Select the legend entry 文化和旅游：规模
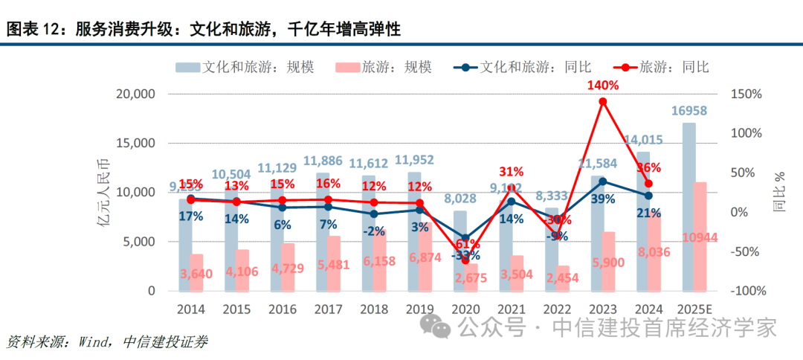tap(245, 67)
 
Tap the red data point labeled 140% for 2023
tap(602, 101)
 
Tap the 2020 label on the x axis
tap(465, 309)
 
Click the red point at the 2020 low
tap(465, 260)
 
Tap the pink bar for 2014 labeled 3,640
tap(196, 272)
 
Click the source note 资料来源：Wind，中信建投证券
tap(107, 342)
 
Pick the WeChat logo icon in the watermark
tap(434, 326)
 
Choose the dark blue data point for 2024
tap(648, 195)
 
